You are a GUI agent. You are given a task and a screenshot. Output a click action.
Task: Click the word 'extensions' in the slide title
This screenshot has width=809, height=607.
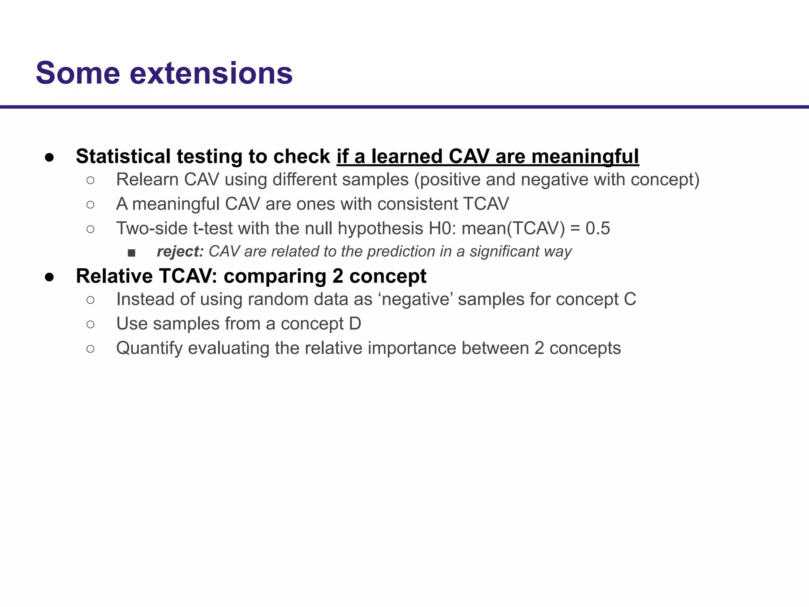(x=211, y=74)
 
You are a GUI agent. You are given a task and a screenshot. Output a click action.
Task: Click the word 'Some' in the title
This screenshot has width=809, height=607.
(x=78, y=74)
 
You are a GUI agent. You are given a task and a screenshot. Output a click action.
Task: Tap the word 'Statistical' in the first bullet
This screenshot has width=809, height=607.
(x=123, y=156)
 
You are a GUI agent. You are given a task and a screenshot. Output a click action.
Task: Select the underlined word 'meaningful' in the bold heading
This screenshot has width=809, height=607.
(x=585, y=156)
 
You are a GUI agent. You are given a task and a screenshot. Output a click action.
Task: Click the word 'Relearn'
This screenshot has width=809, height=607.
(x=148, y=180)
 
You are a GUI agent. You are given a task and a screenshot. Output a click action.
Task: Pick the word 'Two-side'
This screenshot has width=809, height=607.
(x=152, y=229)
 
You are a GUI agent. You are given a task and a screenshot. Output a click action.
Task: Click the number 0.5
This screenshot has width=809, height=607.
(x=598, y=229)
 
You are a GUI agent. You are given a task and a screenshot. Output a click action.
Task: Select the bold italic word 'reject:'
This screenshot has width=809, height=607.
(x=180, y=252)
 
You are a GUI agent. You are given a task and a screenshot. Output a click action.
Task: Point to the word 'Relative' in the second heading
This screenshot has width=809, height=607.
(x=114, y=276)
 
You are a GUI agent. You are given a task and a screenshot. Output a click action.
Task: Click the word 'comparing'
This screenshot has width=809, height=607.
(x=275, y=276)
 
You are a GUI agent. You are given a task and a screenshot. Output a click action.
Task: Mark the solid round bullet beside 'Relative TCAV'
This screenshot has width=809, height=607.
(x=49, y=277)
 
